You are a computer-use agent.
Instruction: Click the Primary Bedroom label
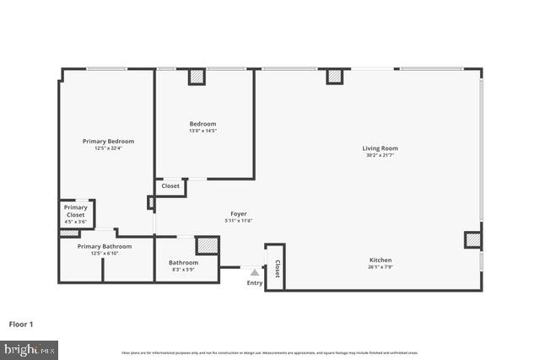click(x=108, y=141)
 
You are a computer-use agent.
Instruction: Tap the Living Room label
click(x=381, y=148)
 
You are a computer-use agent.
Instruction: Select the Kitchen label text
click(x=380, y=260)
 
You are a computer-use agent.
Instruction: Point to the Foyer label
click(x=239, y=214)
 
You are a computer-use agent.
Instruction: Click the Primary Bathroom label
click(x=105, y=246)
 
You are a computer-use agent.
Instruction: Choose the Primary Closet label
click(x=75, y=211)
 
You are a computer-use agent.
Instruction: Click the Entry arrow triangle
click(x=254, y=272)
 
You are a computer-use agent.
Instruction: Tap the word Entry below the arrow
click(x=254, y=283)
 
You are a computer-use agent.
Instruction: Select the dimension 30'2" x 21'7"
click(x=381, y=155)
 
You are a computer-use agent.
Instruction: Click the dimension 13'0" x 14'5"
click(x=202, y=131)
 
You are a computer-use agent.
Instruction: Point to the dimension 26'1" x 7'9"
click(x=380, y=267)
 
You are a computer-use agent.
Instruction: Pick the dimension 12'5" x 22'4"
click(x=108, y=148)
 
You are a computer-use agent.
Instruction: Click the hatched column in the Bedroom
click(x=197, y=77)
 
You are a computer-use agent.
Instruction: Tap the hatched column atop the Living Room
click(x=335, y=77)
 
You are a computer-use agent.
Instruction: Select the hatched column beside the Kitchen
click(x=472, y=240)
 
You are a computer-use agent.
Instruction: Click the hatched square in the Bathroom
click(x=207, y=245)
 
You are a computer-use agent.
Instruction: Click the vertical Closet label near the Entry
click(x=277, y=269)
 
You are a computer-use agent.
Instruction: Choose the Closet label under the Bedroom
click(x=170, y=186)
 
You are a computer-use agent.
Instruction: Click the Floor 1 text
click(x=21, y=324)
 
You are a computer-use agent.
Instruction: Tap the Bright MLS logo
click(x=30, y=348)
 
